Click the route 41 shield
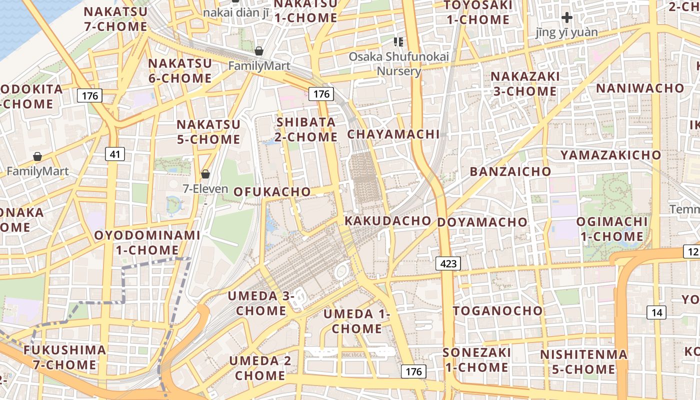[115, 154]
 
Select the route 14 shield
[656, 312]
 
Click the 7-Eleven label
[205, 189]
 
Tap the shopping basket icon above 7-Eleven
[205, 174]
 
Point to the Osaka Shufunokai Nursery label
[398, 63]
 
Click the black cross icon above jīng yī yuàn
[566, 18]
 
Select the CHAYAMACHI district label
[393, 134]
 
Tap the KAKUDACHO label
[388, 220]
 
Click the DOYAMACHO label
[482, 222]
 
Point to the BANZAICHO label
[510, 171]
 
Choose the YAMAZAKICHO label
[610, 155]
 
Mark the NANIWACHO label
[639, 88]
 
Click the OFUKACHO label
[272, 191]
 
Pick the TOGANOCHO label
[497, 310]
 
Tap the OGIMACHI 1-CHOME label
[612, 228]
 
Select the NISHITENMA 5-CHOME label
[583, 362]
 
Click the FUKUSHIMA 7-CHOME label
[65, 357]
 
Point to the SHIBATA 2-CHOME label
[306, 129]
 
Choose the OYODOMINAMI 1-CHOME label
[147, 242]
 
